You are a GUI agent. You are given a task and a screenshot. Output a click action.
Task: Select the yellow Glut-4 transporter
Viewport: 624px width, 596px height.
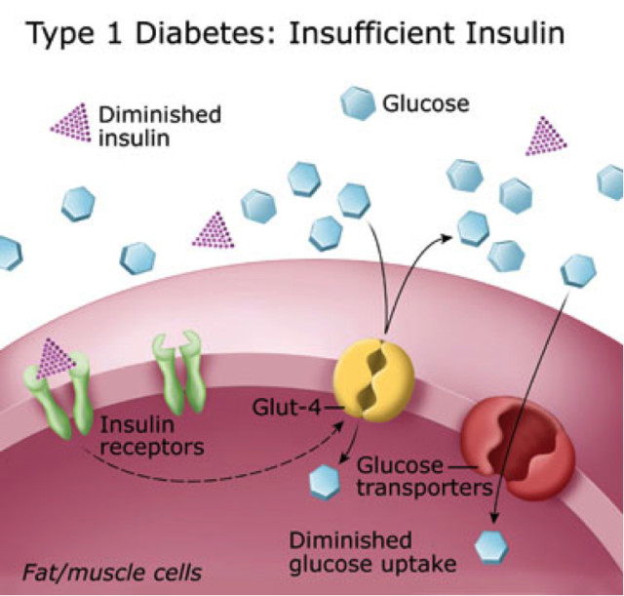[373, 379]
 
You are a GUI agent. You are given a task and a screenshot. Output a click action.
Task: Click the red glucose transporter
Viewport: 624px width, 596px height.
[505, 430]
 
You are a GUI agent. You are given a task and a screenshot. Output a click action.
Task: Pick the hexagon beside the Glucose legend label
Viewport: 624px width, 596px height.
[356, 103]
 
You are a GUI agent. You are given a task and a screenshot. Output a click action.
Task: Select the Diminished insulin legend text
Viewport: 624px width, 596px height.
[160, 125]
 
